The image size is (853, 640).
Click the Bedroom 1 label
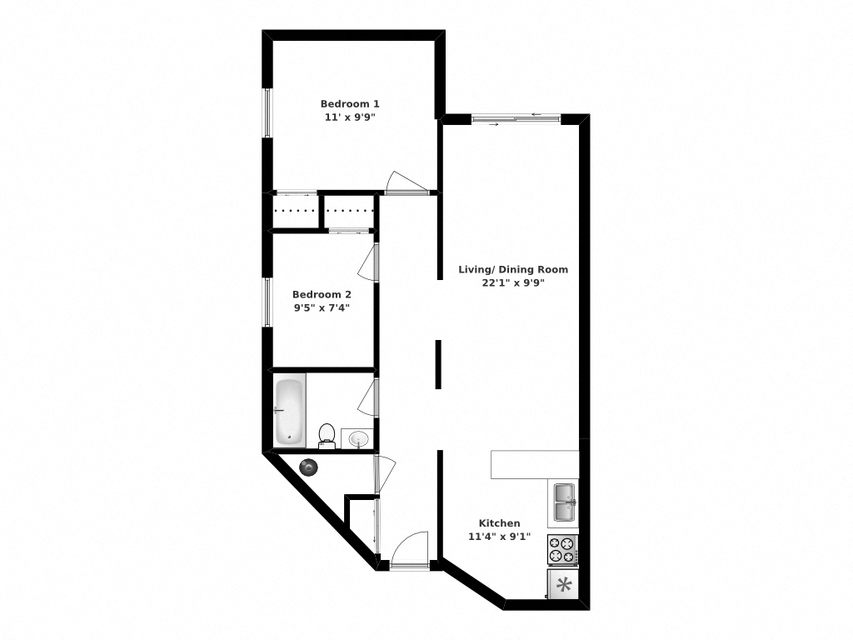350,103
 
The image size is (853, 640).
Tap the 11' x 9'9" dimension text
350,117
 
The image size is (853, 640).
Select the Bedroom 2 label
322,294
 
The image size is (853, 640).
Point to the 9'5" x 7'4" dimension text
322,307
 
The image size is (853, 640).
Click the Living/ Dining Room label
513,269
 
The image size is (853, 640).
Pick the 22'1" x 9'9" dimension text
513,282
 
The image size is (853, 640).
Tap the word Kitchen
499,523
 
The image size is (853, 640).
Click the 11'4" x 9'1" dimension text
499,537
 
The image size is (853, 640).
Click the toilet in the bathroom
327,434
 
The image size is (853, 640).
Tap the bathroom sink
359,438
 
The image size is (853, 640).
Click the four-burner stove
562,549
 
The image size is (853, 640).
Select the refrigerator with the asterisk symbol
563,584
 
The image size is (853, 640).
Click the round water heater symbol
309,467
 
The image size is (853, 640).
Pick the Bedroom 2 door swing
366,264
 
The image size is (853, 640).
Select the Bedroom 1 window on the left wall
267,112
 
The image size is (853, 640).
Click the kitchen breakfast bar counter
534,464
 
